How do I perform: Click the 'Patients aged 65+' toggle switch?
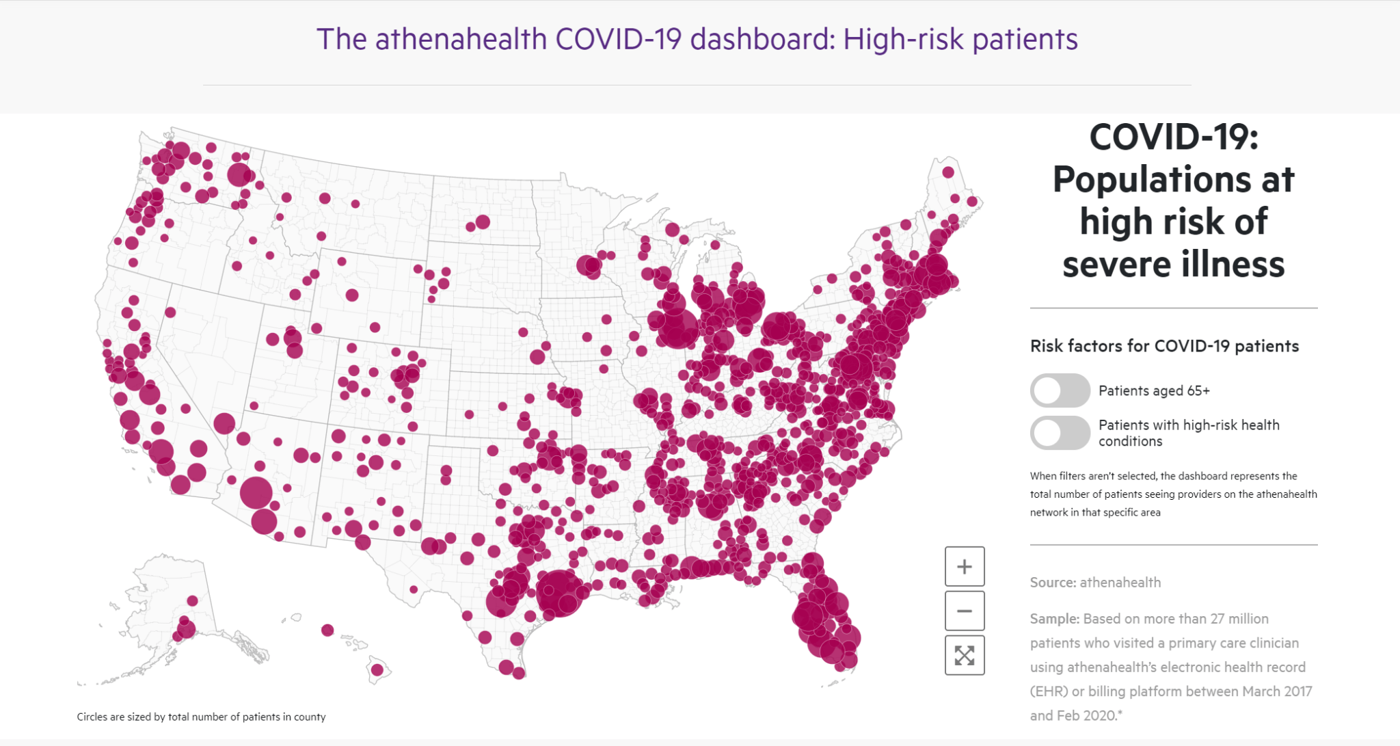(x=1060, y=390)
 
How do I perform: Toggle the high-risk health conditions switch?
(x=1060, y=433)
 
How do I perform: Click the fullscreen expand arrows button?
(x=965, y=656)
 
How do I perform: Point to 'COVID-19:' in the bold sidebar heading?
(x=1174, y=137)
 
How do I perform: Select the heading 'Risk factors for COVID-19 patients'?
(x=1164, y=346)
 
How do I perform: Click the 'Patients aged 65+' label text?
(x=1154, y=390)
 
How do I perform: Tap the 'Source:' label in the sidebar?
(x=1053, y=583)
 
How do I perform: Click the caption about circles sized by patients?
(x=201, y=717)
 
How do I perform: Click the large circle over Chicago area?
(x=677, y=328)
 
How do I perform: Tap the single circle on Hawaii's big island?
(x=377, y=670)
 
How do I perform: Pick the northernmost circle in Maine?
(x=948, y=172)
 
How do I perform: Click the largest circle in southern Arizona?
(x=256, y=492)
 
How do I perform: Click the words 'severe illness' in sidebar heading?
(x=1174, y=265)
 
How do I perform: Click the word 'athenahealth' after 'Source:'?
(x=1120, y=583)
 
